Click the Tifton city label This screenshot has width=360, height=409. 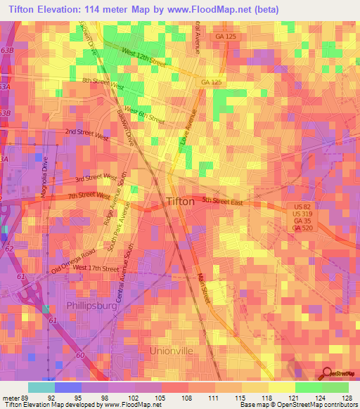(x=181, y=202)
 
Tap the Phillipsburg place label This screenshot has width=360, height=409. (x=91, y=306)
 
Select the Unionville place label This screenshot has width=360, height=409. (x=171, y=349)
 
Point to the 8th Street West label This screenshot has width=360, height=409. (x=103, y=84)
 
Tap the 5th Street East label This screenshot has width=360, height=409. (x=222, y=202)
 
